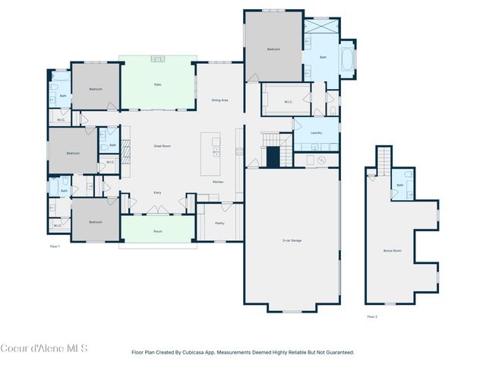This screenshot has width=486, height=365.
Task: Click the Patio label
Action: pos(157,84)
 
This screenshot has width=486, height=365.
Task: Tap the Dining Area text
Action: pos(220,100)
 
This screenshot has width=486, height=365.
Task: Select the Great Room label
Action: pos(162,145)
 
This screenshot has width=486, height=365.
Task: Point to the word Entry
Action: pos(157,192)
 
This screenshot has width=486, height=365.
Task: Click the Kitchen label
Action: pos(218,182)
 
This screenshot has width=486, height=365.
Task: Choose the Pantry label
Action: pos(219,224)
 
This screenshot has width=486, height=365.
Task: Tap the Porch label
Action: pos(157,231)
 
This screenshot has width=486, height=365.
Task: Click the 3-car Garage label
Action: pos(292,240)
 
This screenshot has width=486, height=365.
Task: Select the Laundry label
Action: pos(316,132)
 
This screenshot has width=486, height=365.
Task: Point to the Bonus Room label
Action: pos(393,250)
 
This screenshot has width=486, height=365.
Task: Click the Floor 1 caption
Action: pos(55,246)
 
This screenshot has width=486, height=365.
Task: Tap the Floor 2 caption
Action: pos(372,316)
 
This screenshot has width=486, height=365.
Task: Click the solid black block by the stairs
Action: pos(273,157)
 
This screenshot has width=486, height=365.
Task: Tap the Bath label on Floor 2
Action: pos(400,185)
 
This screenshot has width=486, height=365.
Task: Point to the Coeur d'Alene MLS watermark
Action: pos(43,348)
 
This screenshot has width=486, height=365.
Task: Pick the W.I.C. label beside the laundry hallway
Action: pos(289,101)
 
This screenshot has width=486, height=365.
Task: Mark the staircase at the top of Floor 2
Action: pos(384,159)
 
